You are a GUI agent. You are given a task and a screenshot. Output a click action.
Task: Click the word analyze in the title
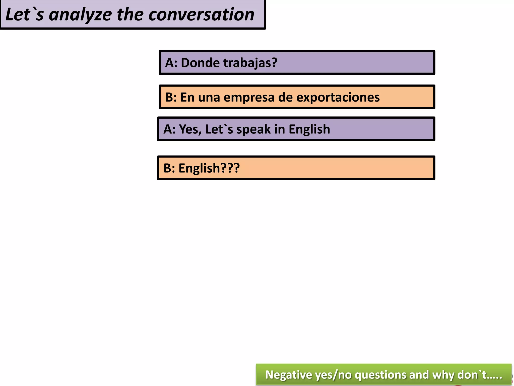[80, 15]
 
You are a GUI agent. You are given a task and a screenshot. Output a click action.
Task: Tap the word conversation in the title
[201, 15]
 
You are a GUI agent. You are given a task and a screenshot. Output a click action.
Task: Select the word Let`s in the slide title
[24, 15]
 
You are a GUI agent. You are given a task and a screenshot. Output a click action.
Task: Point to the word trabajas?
[250, 63]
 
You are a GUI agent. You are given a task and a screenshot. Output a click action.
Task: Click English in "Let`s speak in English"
[309, 129]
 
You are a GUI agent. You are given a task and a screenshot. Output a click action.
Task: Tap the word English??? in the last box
[209, 168]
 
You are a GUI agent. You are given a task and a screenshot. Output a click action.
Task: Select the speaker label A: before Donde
[171, 63]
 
